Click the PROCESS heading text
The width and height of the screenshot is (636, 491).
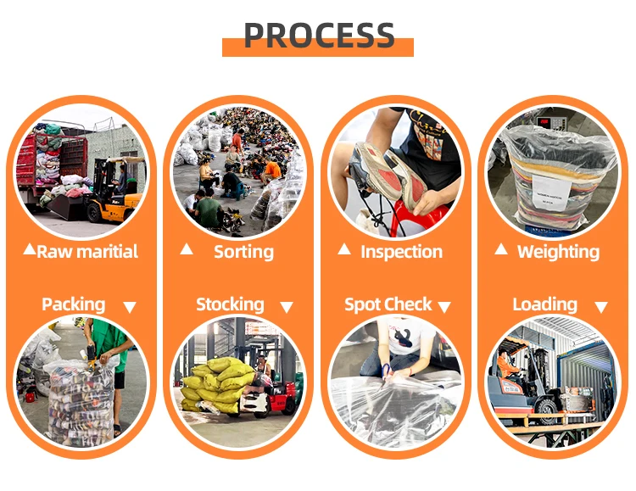click(x=319, y=36)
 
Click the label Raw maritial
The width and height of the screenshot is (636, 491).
click(x=87, y=252)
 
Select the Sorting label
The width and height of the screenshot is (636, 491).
click(x=243, y=252)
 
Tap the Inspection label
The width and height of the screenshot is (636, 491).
click(x=401, y=252)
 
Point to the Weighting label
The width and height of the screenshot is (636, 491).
click(x=558, y=252)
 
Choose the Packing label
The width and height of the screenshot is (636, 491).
click(x=74, y=304)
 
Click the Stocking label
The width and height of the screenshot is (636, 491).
click(x=230, y=304)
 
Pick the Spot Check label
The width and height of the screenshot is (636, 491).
click(x=388, y=304)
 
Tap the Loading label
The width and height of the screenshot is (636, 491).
click(x=544, y=304)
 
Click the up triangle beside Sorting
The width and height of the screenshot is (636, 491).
click(x=187, y=249)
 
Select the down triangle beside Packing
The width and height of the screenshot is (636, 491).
click(x=129, y=307)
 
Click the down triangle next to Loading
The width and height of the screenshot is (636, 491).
click(x=601, y=307)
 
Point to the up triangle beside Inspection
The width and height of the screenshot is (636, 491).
click(x=344, y=249)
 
